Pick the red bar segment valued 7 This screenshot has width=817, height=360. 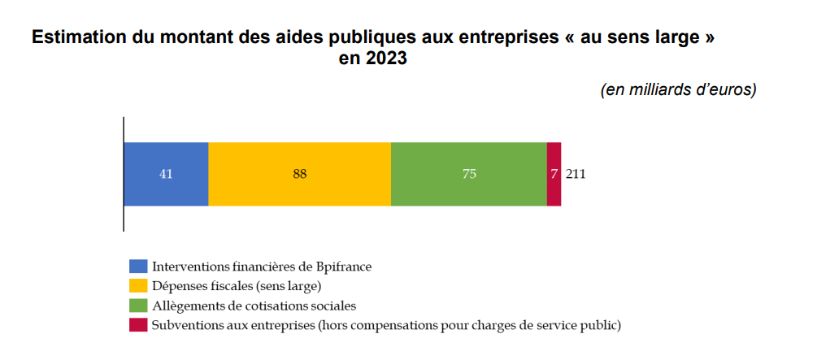(554, 174)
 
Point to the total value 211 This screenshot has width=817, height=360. (576, 174)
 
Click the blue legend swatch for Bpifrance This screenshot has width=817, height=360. (138, 267)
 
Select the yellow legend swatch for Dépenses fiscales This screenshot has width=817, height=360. (138, 286)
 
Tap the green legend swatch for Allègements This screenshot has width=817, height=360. (138, 306)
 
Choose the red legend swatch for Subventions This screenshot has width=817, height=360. (138, 326)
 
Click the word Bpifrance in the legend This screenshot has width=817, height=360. (341, 267)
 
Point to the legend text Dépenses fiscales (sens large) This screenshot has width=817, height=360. (237, 286)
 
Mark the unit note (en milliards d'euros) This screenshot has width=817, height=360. (678, 89)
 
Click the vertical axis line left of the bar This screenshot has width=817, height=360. (124, 174)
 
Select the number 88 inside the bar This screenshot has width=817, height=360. (300, 174)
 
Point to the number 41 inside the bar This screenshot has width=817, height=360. (166, 174)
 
